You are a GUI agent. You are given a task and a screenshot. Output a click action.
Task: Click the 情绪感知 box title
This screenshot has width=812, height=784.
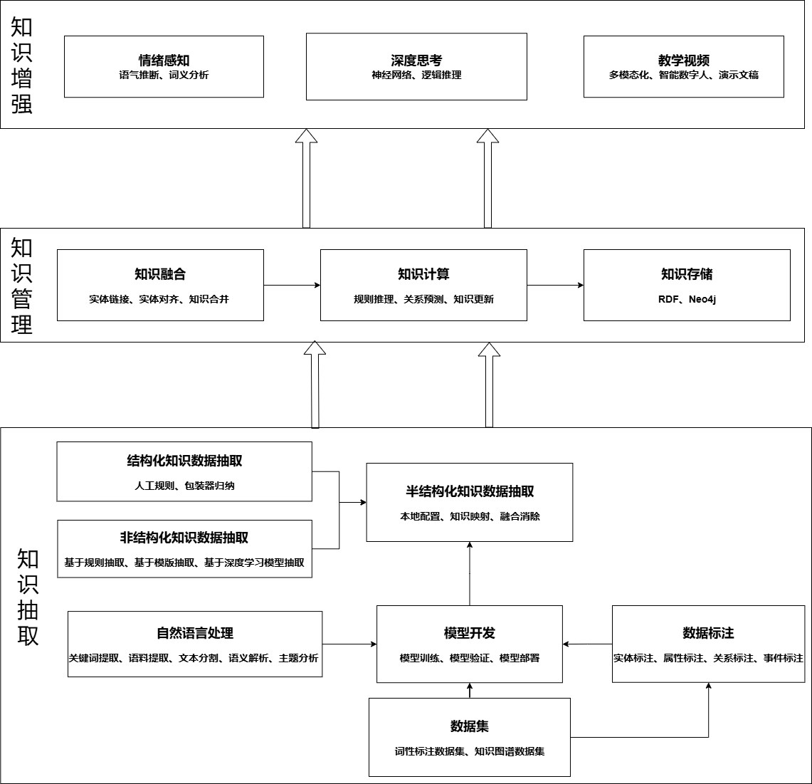[x=164, y=60]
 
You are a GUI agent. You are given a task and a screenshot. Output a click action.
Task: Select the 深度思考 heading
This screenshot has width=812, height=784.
[x=416, y=60]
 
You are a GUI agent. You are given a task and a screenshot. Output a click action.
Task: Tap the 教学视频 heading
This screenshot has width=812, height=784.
[x=684, y=60]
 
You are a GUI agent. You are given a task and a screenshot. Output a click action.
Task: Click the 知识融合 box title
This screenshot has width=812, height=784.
[x=160, y=273]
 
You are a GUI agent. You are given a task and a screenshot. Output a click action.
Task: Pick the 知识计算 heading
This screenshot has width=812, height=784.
[x=423, y=273]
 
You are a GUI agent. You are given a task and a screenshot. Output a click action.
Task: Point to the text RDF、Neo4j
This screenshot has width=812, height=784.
[x=687, y=299]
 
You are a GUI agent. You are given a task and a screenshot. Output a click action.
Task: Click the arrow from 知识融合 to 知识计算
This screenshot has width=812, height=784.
[x=292, y=285]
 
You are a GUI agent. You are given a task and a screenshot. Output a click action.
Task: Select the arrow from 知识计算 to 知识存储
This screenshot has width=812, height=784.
[x=555, y=285]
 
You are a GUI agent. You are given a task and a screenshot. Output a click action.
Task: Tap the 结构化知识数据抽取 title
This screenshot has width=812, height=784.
[x=184, y=461]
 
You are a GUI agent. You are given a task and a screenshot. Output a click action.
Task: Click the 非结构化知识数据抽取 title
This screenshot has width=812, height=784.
[x=184, y=538]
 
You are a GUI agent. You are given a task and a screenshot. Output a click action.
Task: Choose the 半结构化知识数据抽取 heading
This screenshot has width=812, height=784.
[x=470, y=491]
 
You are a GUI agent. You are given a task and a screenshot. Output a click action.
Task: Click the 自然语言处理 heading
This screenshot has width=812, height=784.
[x=195, y=633]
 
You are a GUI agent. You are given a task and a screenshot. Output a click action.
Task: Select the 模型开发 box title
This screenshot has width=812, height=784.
[x=470, y=633]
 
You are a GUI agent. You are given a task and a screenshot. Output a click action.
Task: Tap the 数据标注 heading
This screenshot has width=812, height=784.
[x=708, y=633]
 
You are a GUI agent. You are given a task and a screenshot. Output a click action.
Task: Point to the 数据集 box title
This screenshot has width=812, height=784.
[x=470, y=726]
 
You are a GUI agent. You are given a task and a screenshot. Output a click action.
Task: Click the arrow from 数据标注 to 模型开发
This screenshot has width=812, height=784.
[x=587, y=644]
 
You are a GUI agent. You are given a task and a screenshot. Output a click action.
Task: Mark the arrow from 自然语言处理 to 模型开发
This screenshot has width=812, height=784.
[x=349, y=644]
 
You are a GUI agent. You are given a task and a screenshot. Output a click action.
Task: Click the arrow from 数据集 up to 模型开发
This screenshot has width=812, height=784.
[x=470, y=691]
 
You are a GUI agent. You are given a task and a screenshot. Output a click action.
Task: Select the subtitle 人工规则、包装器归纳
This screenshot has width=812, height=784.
[x=184, y=486]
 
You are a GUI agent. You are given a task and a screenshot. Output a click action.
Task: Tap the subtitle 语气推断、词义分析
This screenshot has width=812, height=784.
[x=164, y=75]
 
